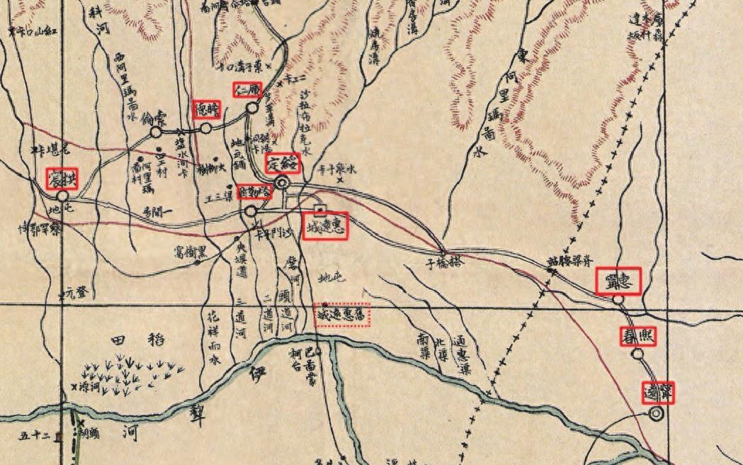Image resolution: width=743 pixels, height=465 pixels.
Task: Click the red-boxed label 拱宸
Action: tap(62, 178)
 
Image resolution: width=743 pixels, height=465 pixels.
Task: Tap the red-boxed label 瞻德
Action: tap(208, 109)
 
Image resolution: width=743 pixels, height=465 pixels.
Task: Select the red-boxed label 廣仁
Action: tap(248, 90)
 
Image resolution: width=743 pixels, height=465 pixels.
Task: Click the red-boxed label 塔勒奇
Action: tap(255, 191)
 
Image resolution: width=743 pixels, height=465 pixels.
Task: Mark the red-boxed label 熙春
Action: tap(637, 336)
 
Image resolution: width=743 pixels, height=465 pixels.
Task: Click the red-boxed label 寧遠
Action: tap(658, 392)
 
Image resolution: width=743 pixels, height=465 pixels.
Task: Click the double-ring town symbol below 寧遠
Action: tap(656, 413)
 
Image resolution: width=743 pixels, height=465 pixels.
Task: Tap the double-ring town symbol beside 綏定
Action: tap(282, 183)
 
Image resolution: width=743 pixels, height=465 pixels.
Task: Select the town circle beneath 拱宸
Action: tap(62, 195)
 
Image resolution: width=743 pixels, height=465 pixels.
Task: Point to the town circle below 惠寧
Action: tap(618, 300)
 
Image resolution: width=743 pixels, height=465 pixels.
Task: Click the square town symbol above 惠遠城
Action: tap(319, 208)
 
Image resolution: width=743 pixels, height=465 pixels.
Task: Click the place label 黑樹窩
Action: tap(194, 250)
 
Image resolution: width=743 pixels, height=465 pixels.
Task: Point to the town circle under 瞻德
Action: tap(205, 128)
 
